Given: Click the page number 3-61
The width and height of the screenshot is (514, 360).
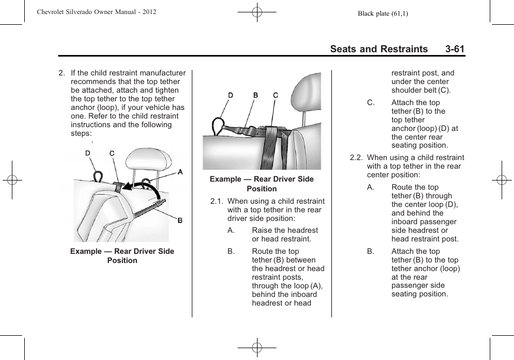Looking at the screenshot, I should (x=455, y=49).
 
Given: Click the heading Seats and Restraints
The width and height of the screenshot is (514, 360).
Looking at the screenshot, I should (x=379, y=49).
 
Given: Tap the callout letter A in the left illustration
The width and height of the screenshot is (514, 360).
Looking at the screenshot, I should (x=180, y=172).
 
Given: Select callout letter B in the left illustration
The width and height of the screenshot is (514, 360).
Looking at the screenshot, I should (x=180, y=220).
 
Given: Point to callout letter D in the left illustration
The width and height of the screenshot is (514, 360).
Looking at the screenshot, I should (x=88, y=154).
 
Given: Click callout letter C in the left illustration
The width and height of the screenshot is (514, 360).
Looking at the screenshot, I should (x=112, y=154).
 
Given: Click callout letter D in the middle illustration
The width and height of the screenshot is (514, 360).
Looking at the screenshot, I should (x=231, y=95).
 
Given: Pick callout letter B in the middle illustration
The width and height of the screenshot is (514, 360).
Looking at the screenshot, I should (x=256, y=95).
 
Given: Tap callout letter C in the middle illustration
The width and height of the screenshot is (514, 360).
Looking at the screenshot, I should (x=275, y=95).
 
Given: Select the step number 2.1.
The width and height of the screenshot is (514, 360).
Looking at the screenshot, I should (x=217, y=201).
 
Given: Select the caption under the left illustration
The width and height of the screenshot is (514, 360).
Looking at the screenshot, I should (x=122, y=256).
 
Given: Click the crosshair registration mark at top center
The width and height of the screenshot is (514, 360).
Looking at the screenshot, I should (x=257, y=12).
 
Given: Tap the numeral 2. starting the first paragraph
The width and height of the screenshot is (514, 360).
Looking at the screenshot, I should (x=62, y=73).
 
